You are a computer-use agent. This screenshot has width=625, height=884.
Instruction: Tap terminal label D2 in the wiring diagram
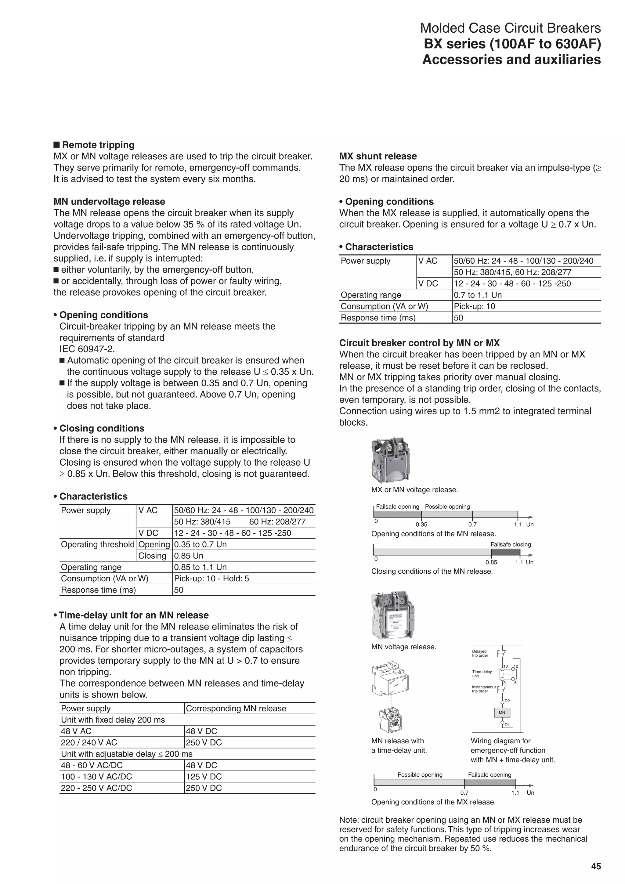click(x=507, y=701)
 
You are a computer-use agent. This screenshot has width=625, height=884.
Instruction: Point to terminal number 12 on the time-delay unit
click(x=516, y=666)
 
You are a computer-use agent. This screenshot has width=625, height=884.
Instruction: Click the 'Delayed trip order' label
click(x=480, y=653)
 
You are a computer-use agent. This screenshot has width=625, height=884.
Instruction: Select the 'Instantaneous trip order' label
click(x=484, y=689)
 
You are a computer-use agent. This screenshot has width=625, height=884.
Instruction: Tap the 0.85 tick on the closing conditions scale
click(x=491, y=553)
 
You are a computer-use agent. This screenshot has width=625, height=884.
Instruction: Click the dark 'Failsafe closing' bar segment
click(x=505, y=552)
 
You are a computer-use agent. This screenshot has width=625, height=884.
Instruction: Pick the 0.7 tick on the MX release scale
click(x=464, y=783)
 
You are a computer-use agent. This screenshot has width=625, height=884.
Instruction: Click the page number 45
click(x=596, y=866)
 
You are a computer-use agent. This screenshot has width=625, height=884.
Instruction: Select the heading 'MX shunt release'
click(x=378, y=156)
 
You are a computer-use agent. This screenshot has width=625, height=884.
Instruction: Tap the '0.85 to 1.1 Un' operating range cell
click(x=200, y=567)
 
